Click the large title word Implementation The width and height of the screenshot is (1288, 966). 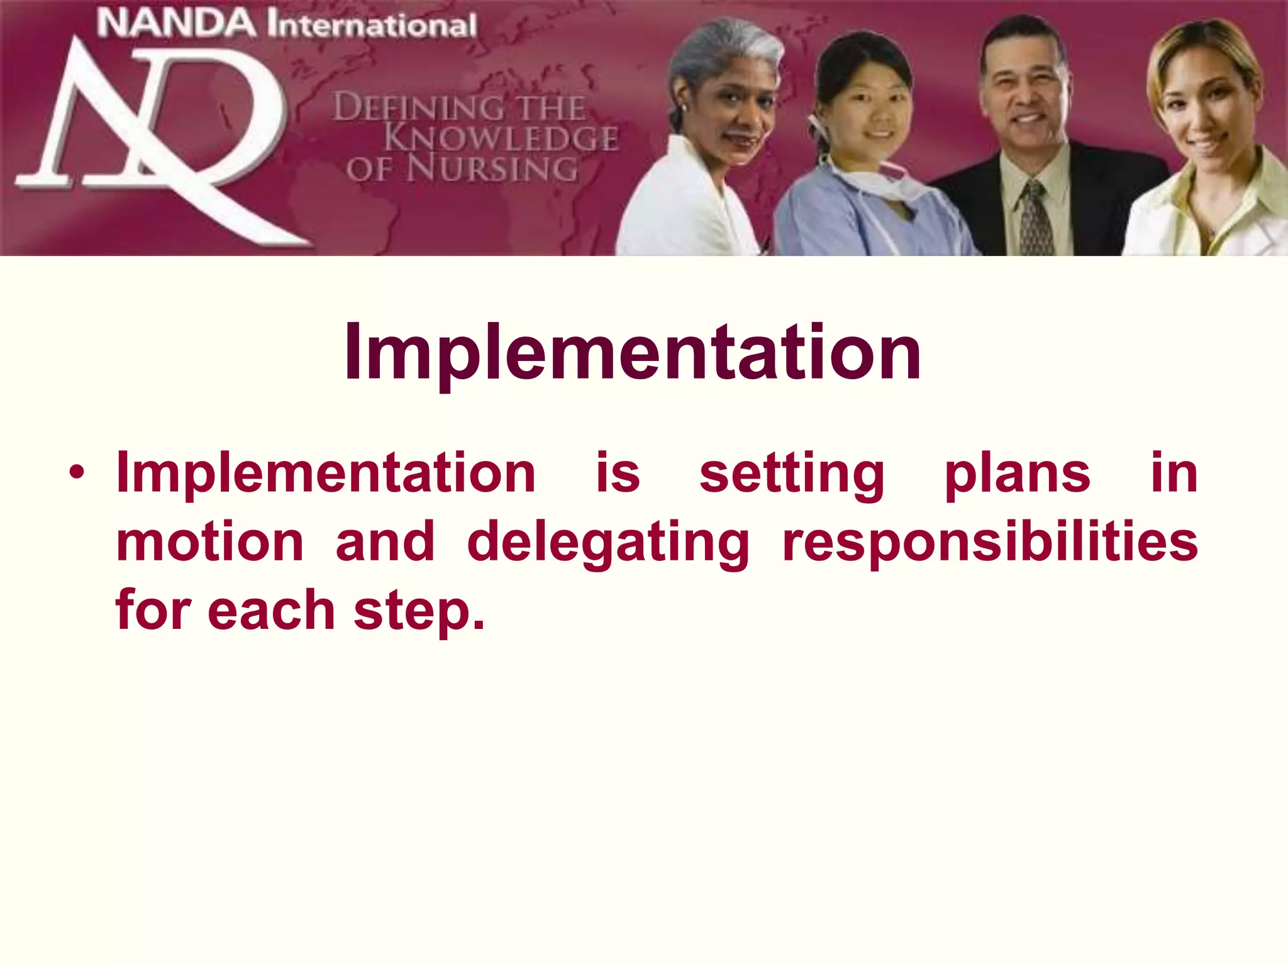(632, 353)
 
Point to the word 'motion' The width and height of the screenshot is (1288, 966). (210, 543)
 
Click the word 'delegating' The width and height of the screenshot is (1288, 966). (608, 543)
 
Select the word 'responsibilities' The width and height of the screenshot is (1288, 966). (990, 543)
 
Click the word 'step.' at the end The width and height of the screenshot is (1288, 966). (419, 611)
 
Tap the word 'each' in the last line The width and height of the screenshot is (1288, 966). (271, 611)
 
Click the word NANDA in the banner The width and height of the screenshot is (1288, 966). (177, 25)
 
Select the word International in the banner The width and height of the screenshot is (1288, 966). (371, 26)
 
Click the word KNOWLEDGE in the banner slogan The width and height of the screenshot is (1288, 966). (501, 138)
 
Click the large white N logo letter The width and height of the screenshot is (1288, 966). (94, 126)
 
